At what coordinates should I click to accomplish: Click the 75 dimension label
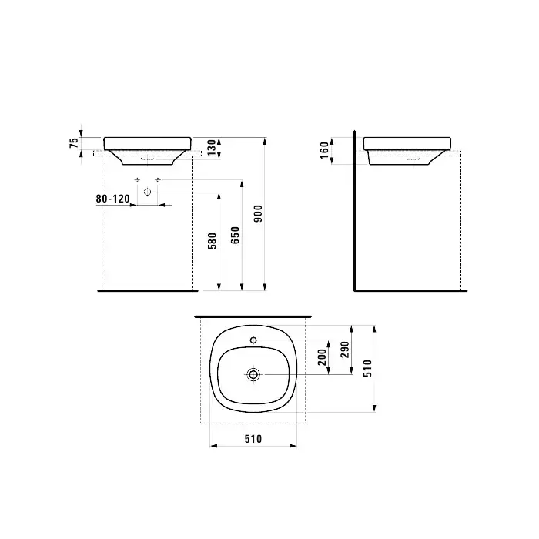coord(74,142)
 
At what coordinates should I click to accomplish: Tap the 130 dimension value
coord(212,147)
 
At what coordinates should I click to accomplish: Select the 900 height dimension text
coord(258,213)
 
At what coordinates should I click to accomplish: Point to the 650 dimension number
coord(235,235)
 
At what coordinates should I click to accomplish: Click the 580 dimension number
coord(213,240)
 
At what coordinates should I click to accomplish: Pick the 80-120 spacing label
coord(112,199)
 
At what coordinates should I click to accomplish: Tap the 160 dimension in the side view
coord(324,151)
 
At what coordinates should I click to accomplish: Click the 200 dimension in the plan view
coord(322,357)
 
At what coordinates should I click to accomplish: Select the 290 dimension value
coord(345,350)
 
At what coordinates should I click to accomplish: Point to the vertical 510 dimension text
coord(368,369)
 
